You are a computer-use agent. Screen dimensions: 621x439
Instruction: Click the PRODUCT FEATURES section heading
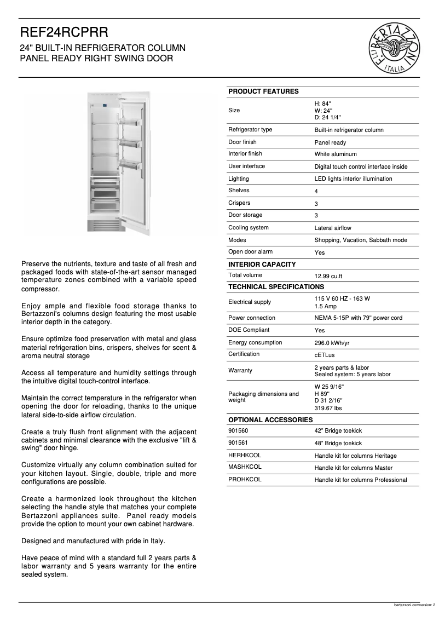point(263,91)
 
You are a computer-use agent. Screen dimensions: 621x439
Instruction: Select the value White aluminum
point(335,154)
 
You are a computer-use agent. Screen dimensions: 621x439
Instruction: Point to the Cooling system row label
point(248,227)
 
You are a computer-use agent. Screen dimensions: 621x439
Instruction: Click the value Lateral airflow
point(333,228)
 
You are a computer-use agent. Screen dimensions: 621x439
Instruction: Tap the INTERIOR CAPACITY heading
point(262,264)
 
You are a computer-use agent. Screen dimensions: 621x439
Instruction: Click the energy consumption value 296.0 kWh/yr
point(332,343)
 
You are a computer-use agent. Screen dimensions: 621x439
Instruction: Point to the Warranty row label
point(240,371)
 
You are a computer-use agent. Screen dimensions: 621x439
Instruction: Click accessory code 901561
point(238,442)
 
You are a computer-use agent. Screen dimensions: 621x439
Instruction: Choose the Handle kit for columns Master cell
point(353,468)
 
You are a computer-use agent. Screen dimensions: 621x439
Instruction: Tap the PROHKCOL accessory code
point(245,479)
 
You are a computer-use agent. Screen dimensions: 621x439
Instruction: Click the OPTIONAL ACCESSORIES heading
point(270,419)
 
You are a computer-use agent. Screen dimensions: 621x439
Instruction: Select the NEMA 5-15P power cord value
point(358,318)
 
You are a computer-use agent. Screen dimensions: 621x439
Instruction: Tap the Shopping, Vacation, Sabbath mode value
point(360,240)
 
